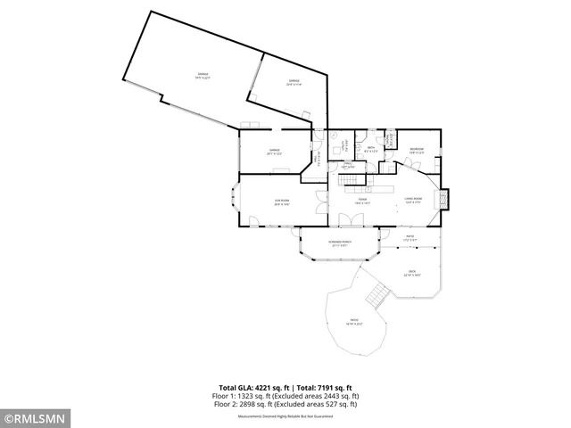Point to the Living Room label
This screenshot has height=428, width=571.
tap(413, 201)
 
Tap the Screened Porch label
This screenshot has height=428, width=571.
tap(340, 243)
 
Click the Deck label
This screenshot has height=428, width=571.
tap(412, 274)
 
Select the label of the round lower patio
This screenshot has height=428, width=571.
tap(354, 322)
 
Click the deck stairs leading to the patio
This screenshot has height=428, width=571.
tap(378, 295)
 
